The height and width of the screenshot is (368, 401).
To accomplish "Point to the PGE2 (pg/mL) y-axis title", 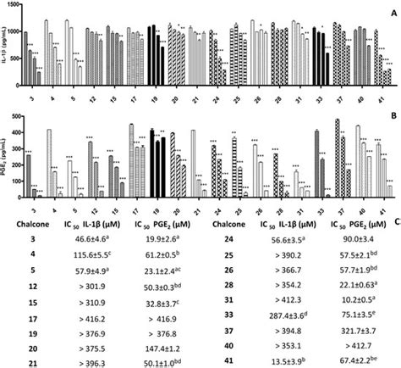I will pos(5,161).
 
